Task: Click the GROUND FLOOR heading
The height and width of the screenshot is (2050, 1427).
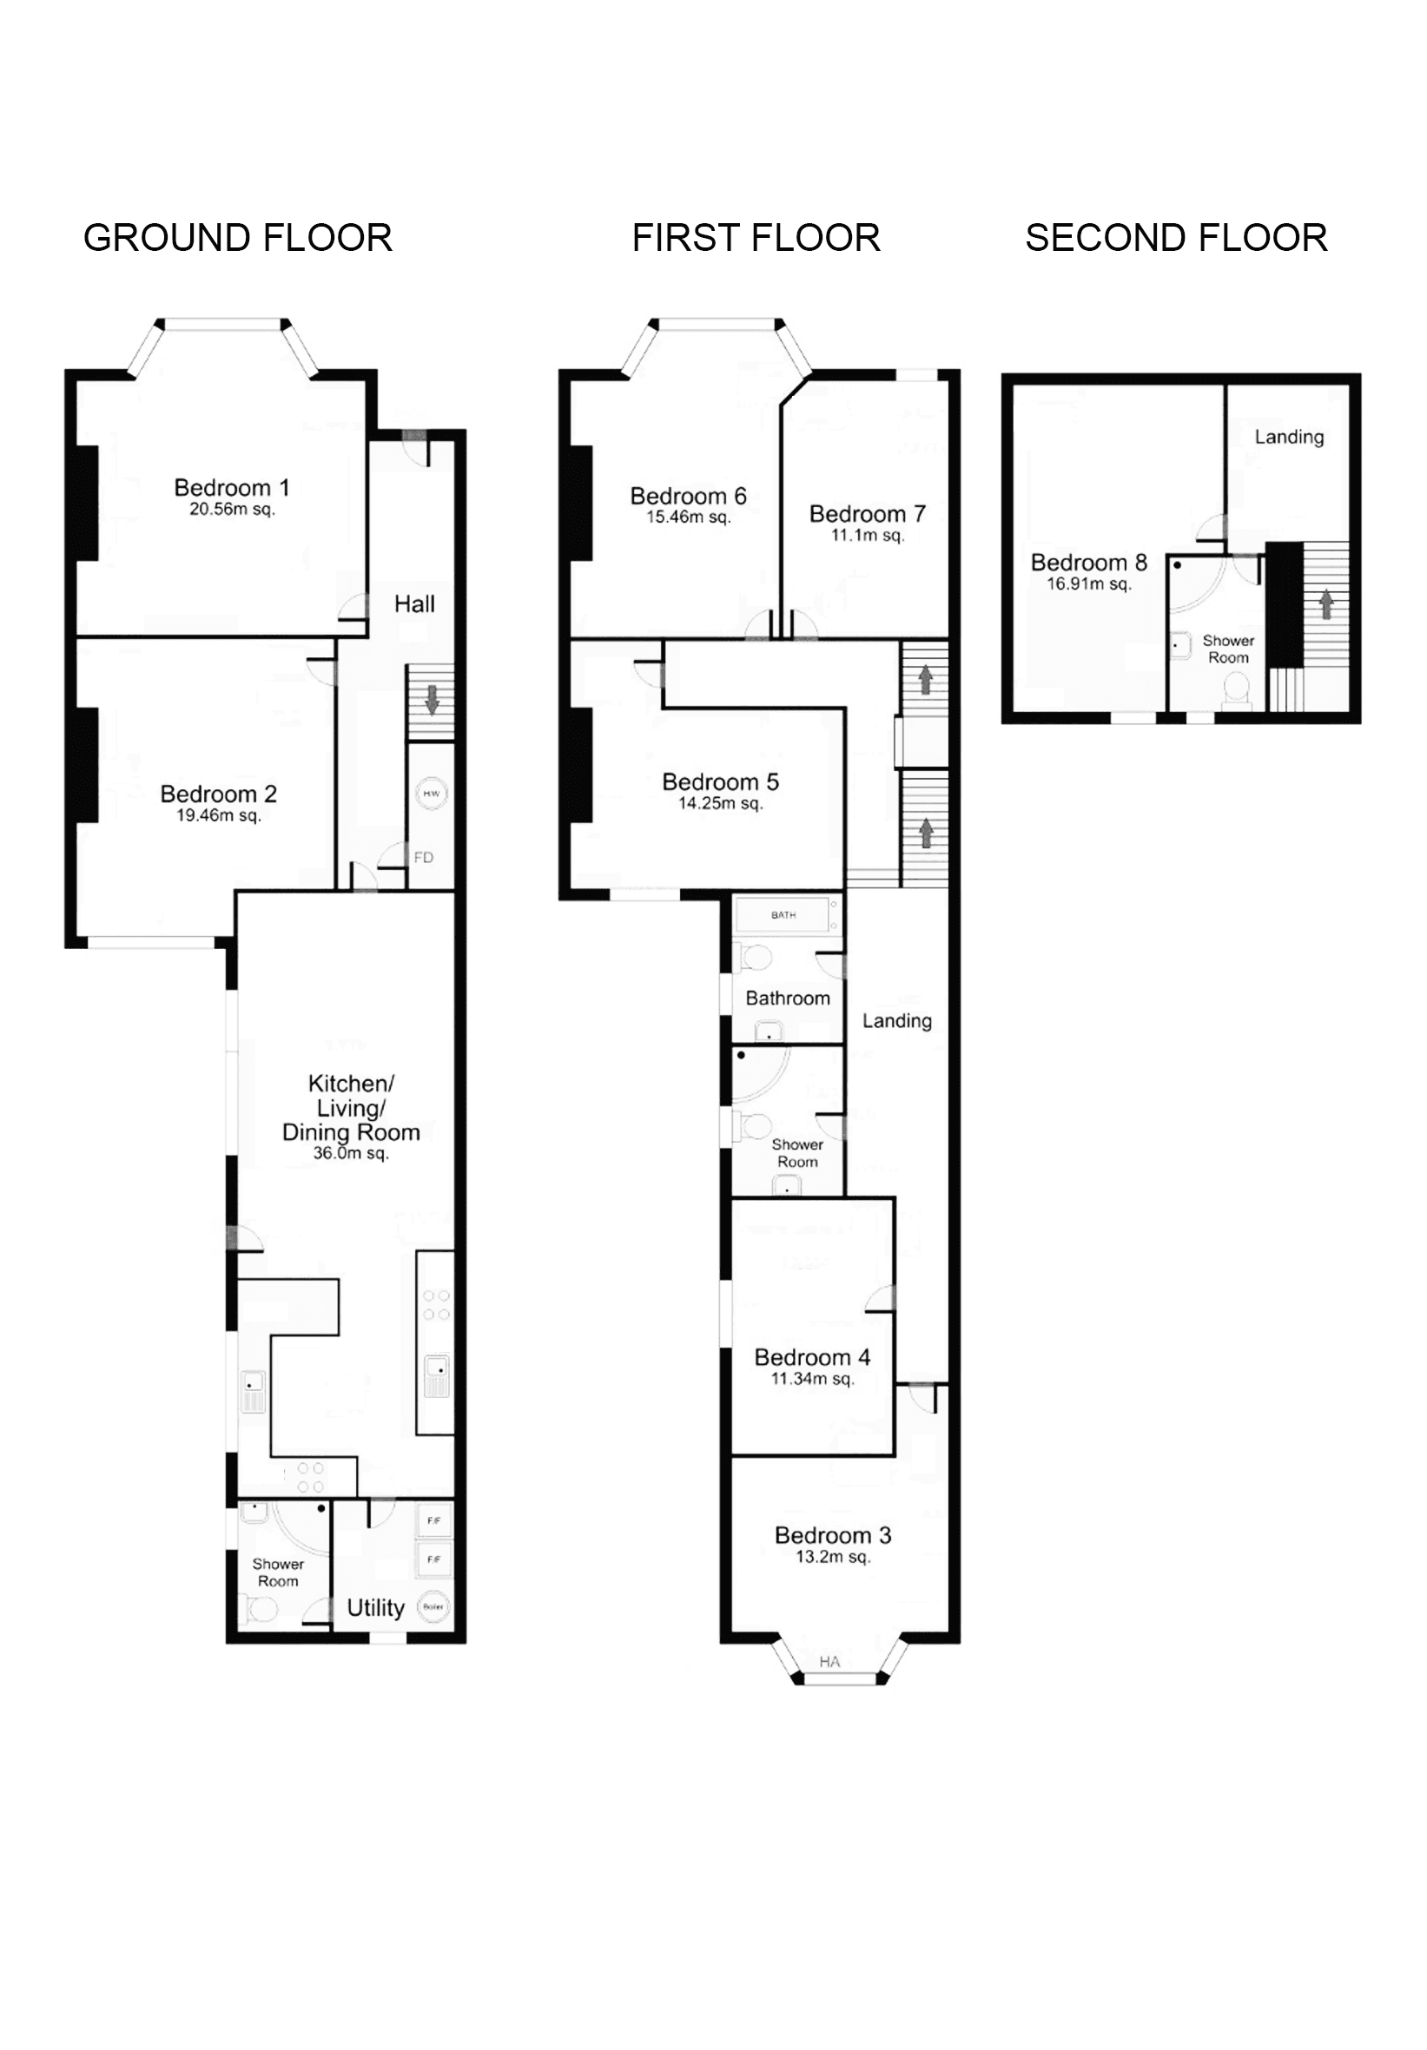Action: pos(237,239)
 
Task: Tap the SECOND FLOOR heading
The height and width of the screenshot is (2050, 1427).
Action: pos(1175,239)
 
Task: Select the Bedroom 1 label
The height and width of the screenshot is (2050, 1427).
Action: pos(231,487)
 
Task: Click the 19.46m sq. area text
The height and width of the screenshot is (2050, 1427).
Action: pos(218,815)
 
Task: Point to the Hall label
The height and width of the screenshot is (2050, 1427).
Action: pos(414,604)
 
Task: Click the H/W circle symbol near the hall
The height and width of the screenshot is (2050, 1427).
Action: pos(432,794)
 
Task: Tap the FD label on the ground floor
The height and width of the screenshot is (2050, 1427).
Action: pos(423,857)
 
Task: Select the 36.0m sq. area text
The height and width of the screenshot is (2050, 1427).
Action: pos(350,1153)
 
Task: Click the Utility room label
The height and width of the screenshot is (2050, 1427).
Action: pos(375,1608)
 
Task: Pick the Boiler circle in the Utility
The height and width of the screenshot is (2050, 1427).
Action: pos(433,1607)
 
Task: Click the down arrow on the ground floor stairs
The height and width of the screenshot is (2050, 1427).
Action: pos(433,699)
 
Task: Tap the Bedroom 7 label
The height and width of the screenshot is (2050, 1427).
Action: pos(866,514)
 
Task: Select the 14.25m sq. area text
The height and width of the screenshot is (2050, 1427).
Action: pos(720,803)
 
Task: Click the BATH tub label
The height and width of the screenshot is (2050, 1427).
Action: pos(783,915)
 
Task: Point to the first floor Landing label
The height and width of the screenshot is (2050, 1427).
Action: pos(896,1020)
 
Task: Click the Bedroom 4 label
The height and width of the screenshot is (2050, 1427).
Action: pos(812,1358)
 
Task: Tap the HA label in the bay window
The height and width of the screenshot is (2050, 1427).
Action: pos(829,1662)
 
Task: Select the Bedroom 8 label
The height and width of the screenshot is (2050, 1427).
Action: pos(1088,563)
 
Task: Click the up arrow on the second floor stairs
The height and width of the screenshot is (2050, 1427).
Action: pos(1326,604)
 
